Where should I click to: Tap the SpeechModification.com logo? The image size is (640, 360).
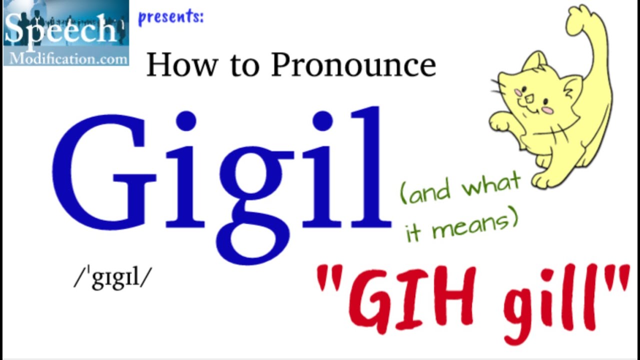[x=66, y=33]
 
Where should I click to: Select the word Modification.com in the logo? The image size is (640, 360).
[x=67, y=58]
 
